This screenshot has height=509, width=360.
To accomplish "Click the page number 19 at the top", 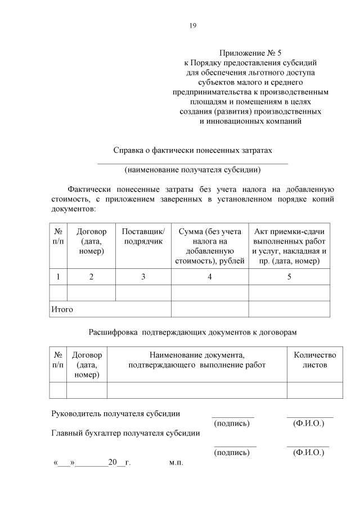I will click(193, 25).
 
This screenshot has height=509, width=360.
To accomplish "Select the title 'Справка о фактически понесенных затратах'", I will click(193, 151).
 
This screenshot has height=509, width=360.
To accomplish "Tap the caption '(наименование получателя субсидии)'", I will click(193, 169).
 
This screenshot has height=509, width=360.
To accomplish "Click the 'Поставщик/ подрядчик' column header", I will click(143, 236).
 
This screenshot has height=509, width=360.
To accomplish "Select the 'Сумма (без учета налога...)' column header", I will click(209, 246).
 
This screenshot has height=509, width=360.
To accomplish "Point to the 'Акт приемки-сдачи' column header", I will click(289, 246).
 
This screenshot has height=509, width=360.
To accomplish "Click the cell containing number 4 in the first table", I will click(209, 277).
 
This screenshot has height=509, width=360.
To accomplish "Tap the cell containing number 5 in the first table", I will click(289, 277).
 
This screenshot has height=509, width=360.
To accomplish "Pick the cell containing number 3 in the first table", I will click(143, 277).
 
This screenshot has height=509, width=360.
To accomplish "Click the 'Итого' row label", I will click(62, 309).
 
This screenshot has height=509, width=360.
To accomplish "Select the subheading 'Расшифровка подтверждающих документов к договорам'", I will click(193, 333).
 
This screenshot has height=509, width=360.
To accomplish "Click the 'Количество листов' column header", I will click(315, 360).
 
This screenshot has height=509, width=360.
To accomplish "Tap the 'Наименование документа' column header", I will click(197, 360).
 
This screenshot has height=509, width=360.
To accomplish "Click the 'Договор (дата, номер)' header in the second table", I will click(87, 365).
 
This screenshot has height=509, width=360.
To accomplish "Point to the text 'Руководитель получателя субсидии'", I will click(116, 413).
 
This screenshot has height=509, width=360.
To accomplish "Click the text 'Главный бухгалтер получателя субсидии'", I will click(125, 433).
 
